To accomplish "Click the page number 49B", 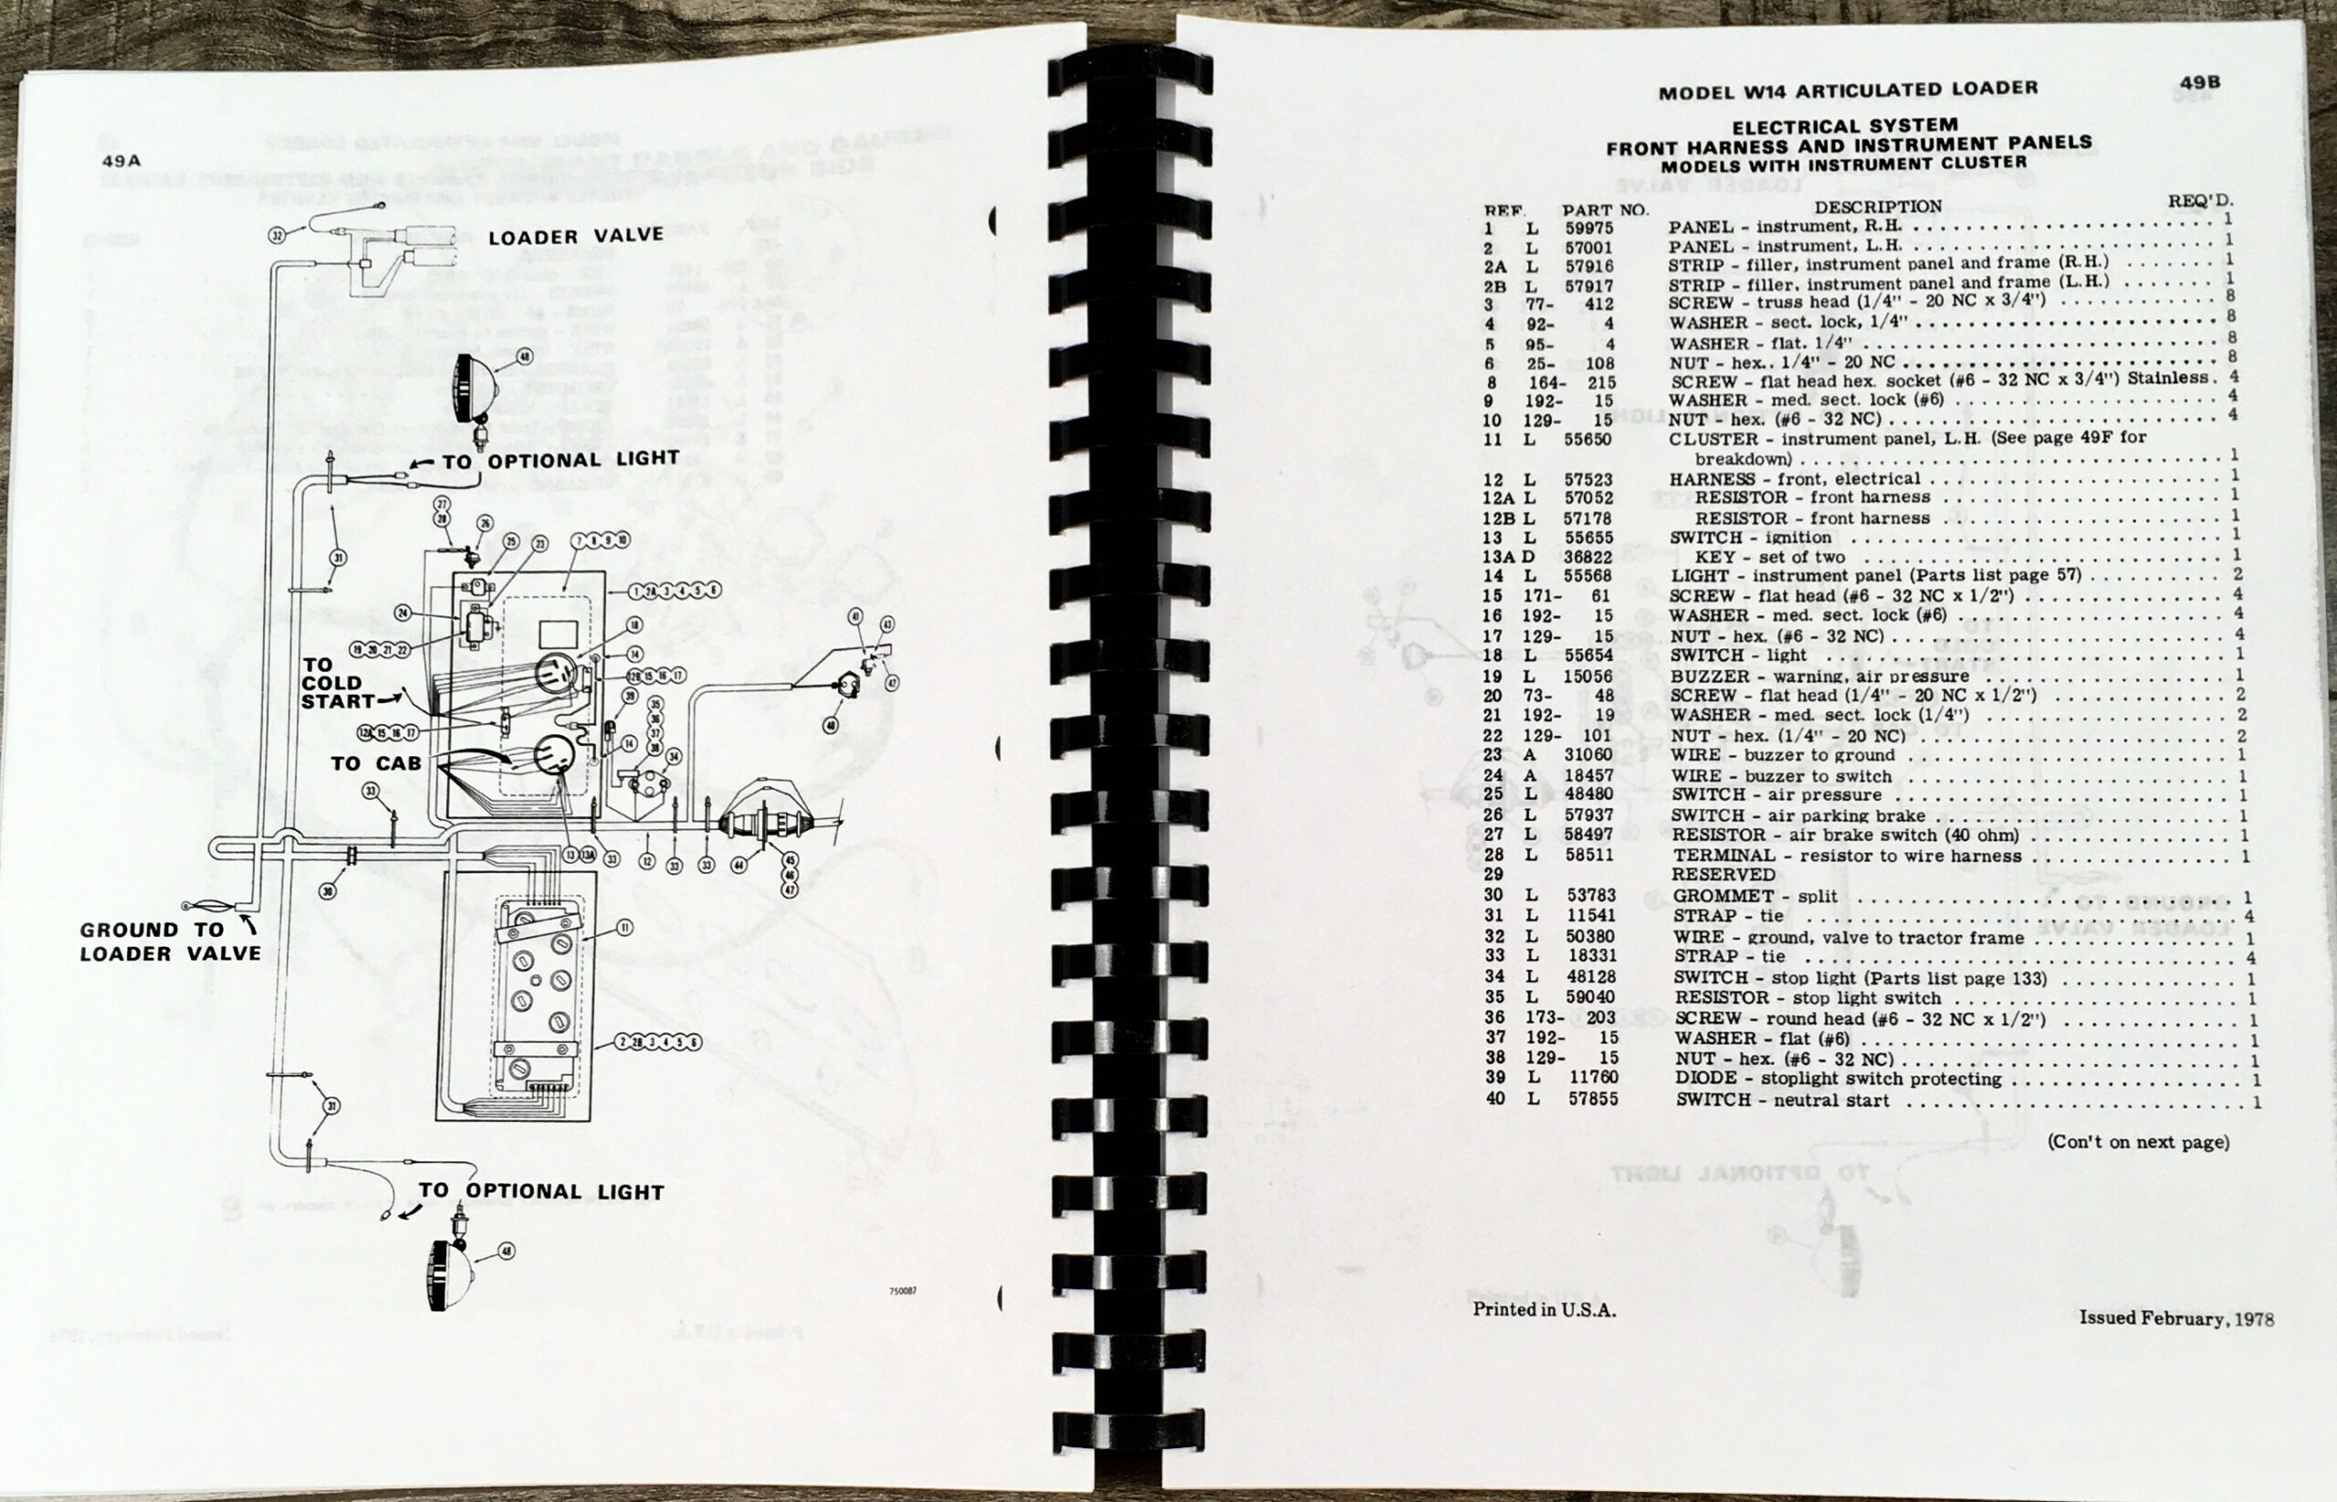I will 2199,83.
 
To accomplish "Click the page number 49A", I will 121,161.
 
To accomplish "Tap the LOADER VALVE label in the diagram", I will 575,236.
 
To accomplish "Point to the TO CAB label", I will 375,763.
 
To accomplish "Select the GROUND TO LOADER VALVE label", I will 170,941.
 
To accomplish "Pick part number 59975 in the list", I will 1588,228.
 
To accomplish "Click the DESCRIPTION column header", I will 1878,206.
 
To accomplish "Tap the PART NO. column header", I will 1604,210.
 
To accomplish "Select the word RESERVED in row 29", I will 1723,875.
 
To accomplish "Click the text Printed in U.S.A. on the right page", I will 1544,1310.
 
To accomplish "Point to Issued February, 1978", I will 2176,1318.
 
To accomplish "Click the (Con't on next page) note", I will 2137,1141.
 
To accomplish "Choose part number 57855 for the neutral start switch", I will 1592,1099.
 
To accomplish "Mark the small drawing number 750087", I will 902,1291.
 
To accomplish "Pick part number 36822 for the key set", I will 1589,557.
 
